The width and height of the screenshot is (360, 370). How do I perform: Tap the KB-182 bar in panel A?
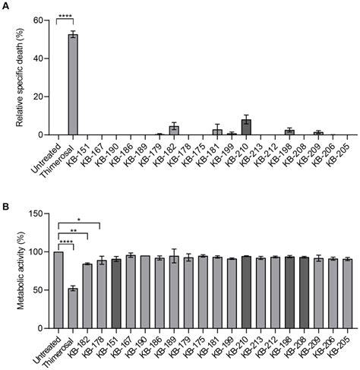click(174, 131)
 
